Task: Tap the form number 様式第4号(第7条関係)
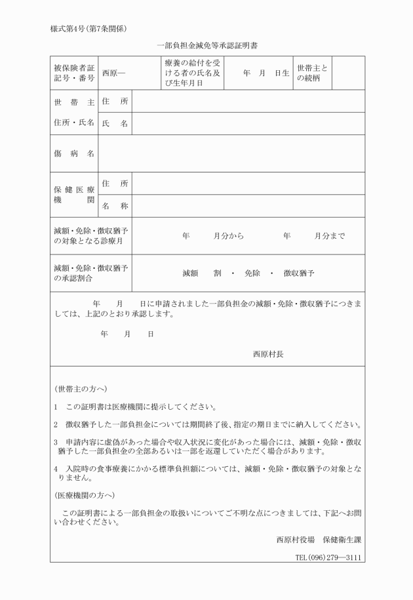88,28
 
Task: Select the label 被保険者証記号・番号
73,73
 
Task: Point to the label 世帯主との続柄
312,73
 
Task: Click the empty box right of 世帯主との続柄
348,73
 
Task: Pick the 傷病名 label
73,153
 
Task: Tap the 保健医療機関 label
73,195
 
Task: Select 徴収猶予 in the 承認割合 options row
299,273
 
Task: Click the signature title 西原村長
268,353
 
